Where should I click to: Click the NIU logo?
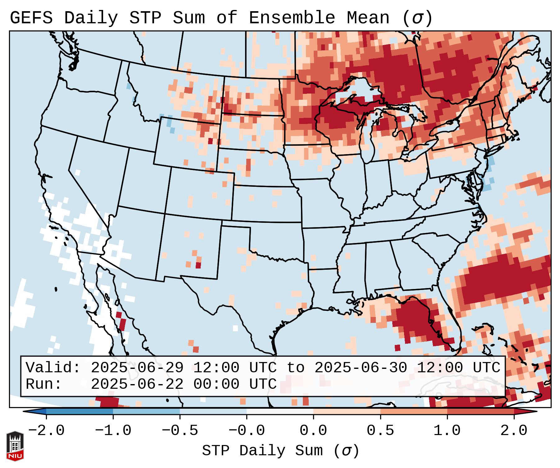point(15,446)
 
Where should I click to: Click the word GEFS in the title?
point(31,18)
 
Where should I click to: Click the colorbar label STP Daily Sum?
point(262,451)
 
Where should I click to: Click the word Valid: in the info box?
point(53,368)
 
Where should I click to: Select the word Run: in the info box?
point(44,384)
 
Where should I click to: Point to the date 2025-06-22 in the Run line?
point(137,384)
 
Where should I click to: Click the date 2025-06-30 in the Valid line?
point(361,368)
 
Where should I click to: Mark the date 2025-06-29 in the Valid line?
point(137,368)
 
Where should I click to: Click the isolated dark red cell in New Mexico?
point(198,265)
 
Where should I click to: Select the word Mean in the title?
point(368,18)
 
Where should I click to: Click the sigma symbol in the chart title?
point(417,18)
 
